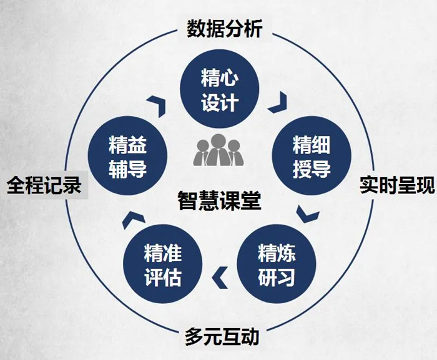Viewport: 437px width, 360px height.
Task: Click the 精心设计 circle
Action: coord(220,89)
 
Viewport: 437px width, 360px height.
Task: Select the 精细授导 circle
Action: coord(312,156)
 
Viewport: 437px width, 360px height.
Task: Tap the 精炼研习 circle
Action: coord(277,264)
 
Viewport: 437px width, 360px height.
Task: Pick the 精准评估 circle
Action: coord(162,264)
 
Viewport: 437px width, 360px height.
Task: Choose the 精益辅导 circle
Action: coord(127,156)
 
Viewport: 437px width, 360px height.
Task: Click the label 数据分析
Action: coord(224,29)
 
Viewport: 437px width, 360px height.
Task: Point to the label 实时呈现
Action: coord(397,185)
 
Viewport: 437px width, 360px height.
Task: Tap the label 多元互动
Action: coord(222,336)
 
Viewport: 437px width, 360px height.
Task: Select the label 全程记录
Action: coord(44,185)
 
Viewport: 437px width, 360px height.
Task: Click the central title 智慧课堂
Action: coord(219,200)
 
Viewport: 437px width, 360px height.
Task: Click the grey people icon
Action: coord(219,150)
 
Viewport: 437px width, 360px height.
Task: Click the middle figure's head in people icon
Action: coord(218,141)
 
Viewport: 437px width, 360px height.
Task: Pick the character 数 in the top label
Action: coord(195,29)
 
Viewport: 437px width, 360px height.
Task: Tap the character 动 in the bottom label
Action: coord(250,336)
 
